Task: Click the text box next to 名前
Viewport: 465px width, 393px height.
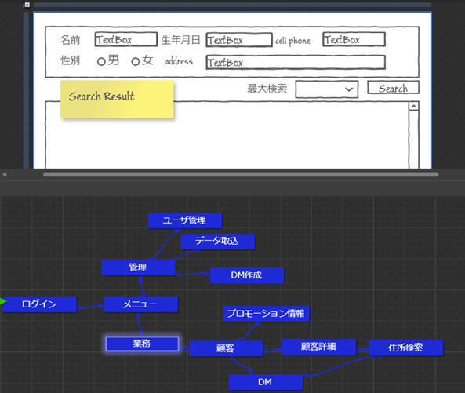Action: click(x=126, y=39)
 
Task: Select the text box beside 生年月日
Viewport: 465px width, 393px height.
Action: click(x=239, y=40)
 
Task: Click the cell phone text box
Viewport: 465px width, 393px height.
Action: click(x=354, y=39)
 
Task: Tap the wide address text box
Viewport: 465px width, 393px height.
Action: click(x=296, y=62)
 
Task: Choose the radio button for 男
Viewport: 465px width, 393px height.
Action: click(x=101, y=62)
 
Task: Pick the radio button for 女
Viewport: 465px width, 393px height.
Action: click(x=136, y=62)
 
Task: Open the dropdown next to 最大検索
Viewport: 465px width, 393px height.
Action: click(x=327, y=89)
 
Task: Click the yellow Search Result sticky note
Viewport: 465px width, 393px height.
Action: click(x=117, y=100)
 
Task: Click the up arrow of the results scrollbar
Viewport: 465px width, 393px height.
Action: click(x=414, y=106)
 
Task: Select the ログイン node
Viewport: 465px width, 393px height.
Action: click(x=39, y=304)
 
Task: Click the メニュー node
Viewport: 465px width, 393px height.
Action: click(x=141, y=304)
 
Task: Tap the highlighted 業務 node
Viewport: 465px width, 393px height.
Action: click(x=143, y=344)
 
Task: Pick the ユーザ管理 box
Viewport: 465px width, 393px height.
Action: click(x=185, y=220)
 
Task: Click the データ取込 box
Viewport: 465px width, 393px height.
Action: click(x=218, y=242)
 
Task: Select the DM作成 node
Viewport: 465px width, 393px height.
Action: click(x=247, y=275)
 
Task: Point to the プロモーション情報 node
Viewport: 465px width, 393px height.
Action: click(x=267, y=314)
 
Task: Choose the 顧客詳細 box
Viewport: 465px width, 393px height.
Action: click(x=319, y=347)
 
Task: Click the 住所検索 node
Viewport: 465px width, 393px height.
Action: click(x=406, y=348)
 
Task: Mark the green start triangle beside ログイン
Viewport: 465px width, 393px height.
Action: click(x=3, y=302)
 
